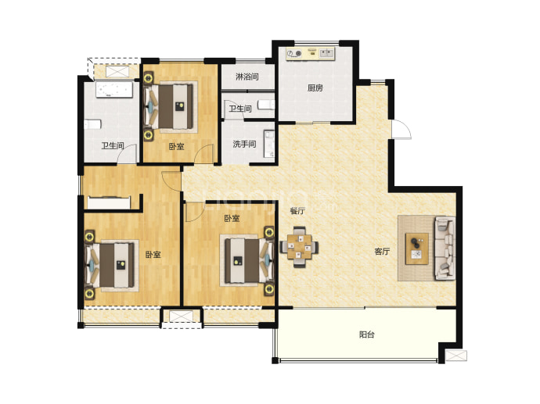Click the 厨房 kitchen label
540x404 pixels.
[x=315, y=88]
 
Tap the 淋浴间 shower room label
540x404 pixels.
[x=247, y=77]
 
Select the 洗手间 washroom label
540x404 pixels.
[x=244, y=144]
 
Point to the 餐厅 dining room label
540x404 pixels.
[x=297, y=211]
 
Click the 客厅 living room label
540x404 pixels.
[x=382, y=252]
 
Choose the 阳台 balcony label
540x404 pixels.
[x=367, y=334]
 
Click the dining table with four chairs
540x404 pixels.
[x=299, y=246]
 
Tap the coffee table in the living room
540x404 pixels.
[x=416, y=248]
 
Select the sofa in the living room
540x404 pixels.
[x=445, y=248]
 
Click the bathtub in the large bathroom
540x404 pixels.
[x=114, y=89]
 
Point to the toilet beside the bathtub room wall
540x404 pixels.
[x=92, y=124]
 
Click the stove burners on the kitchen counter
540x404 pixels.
[x=294, y=54]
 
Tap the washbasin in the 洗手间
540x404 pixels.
[x=269, y=144]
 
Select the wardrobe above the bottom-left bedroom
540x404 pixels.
[x=109, y=202]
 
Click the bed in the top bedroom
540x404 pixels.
[x=171, y=106]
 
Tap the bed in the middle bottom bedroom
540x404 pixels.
[x=247, y=260]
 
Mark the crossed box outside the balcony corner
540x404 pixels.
[x=456, y=356]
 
